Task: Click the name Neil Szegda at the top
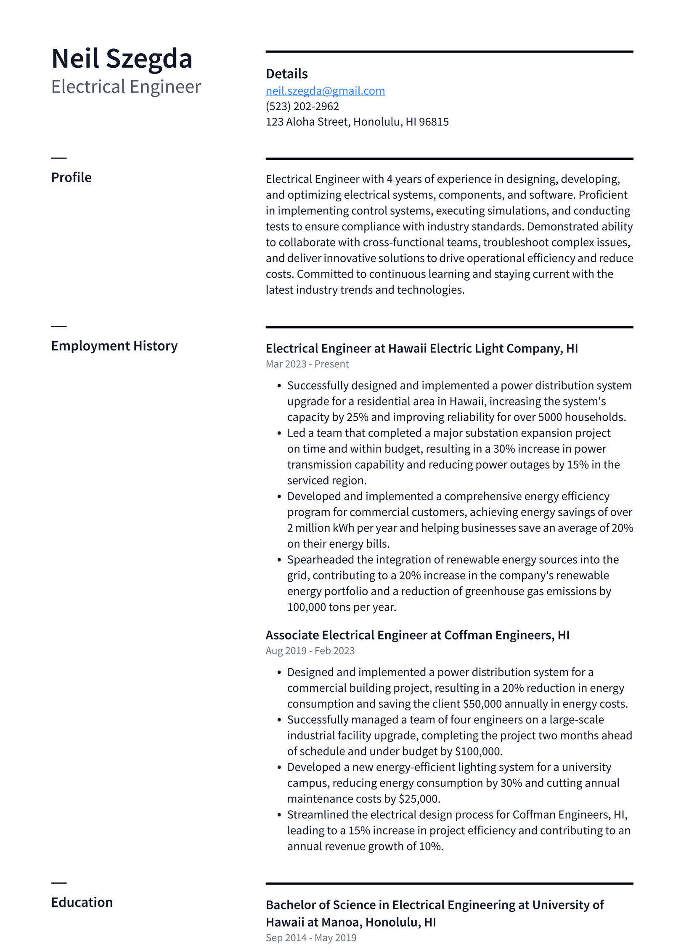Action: [x=122, y=58]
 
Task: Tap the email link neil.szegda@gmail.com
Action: [x=325, y=91]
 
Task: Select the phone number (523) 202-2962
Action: [x=302, y=106]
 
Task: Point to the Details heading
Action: [x=286, y=74]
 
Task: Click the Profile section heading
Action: [x=71, y=177]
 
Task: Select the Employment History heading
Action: [x=114, y=346]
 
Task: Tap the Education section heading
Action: [x=82, y=902]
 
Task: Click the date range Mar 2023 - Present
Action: [x=307, y=364]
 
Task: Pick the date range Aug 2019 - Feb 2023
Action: [x=310, y=651]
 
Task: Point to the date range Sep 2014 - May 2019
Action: [x=311, y=938]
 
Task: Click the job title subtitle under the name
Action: [x=126, y=87]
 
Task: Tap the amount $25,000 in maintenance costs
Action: [x=419, y=799]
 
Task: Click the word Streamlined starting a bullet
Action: [x=318, y=815]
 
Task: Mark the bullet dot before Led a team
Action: [x=279, y=434]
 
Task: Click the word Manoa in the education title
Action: [x=341, y=922]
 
